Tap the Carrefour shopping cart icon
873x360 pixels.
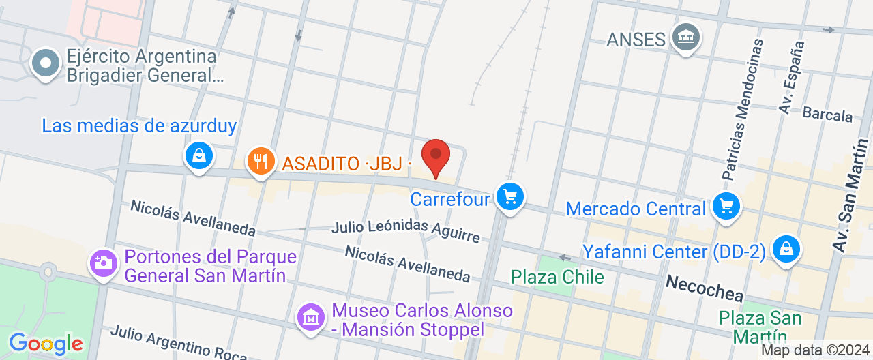(509, 197)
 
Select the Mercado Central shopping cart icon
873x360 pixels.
(726, 205)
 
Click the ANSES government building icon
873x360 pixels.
(685, 36)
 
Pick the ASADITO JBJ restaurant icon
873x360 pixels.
(260, 162)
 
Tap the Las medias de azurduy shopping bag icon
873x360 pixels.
(198, 155)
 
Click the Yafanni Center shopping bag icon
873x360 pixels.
(786, 249)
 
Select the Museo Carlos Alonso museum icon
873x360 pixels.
(310, 317)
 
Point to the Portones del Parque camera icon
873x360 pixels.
(104, 263)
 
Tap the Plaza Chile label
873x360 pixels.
(557, 277)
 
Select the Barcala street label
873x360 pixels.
(827, 114)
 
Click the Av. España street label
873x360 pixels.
(793, 77)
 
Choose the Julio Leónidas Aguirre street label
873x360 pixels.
(406, 230)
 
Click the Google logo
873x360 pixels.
(45, 343)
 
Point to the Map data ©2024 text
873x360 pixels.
(815, 350)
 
